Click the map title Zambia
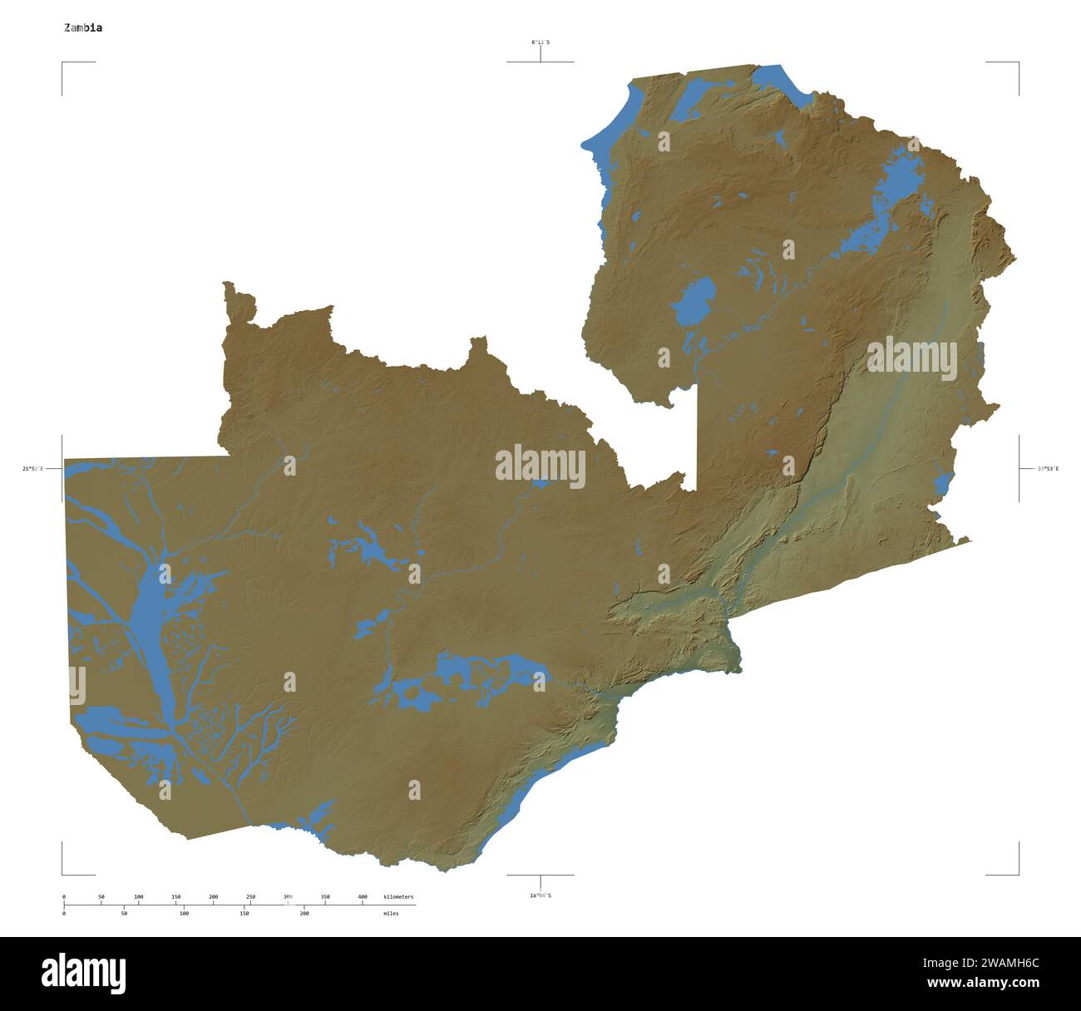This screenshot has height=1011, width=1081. (84, 27)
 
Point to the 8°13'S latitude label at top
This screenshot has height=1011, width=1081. (540, 42)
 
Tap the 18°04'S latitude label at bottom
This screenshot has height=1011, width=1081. (540, 895)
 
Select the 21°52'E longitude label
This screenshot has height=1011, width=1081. (32, 469)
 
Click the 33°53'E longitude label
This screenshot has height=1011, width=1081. (1048, 469)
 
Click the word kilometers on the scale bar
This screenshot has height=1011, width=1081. (398, 897)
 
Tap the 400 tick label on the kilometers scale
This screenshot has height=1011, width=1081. (363, 897)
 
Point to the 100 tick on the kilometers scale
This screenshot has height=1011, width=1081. (139, 897)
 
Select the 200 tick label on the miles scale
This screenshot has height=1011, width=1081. (304, 913)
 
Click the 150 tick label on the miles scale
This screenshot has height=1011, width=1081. (244, 913)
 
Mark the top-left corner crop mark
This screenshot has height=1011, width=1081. (63, 63)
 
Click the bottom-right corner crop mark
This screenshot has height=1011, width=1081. (1017, 873)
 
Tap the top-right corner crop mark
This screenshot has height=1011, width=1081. (1017, 63)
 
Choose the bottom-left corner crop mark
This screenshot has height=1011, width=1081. (63, 873)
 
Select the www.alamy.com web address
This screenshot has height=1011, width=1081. (983, 983)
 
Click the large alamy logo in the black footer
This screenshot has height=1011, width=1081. (84, 973)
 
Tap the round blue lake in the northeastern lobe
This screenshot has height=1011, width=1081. (694, 301)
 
